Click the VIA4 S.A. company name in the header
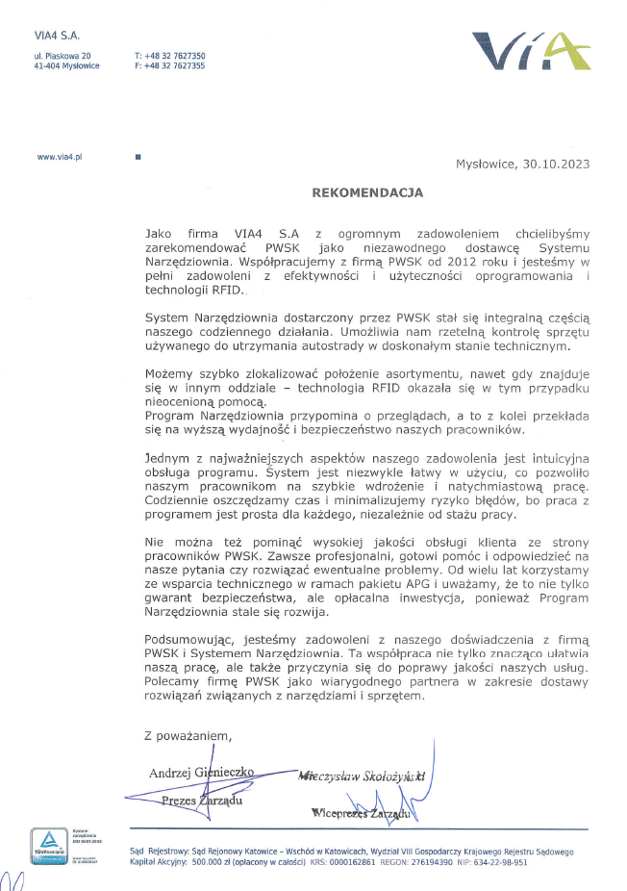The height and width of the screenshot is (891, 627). click(57, 37)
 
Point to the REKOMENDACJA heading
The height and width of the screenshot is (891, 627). click(367, 192)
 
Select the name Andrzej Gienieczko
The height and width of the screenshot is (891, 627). click(201, 773)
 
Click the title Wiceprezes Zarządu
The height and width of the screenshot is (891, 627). click(361, 814)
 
